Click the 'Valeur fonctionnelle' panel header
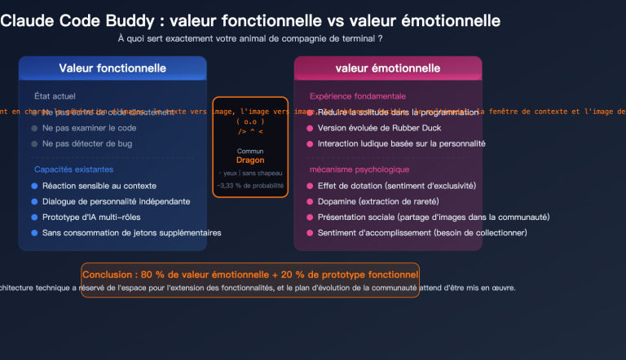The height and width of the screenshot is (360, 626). coord(112,68)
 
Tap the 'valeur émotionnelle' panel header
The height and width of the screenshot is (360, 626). coord(388,68)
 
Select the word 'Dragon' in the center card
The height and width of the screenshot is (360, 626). coord(250,160)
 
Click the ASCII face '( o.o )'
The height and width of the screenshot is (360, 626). coord(250,121)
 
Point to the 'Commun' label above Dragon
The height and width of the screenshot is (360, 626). coord(250,151)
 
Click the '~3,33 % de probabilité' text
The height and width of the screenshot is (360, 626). coord(250,187)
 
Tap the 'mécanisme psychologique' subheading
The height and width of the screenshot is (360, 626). coord(359,169)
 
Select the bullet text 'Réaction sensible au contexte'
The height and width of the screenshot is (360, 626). coord(99,186)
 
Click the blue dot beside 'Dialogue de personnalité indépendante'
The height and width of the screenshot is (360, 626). coord(34,201)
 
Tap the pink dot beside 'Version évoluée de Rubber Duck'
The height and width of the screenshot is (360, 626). coord(309,128)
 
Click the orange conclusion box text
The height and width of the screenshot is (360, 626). coord(250,274)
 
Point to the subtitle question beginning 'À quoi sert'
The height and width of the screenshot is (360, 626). coord(250,38)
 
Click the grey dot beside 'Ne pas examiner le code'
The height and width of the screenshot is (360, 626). coord(34,128)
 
